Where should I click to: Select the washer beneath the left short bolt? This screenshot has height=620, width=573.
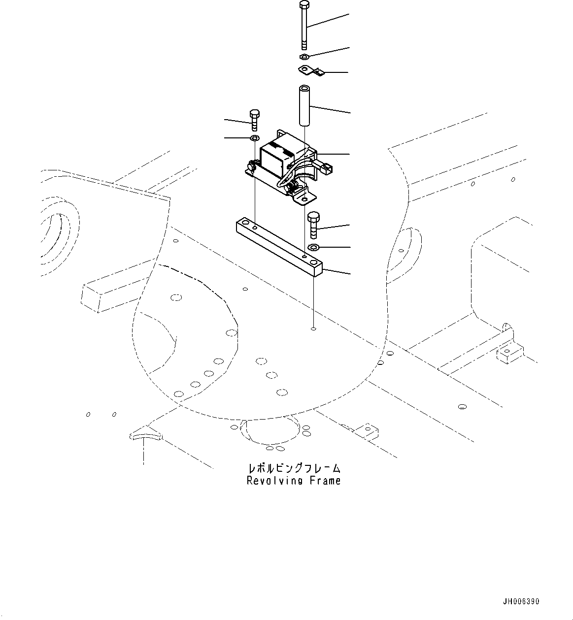(x=254, y=138)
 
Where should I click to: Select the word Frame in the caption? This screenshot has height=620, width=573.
(x=325, y=481)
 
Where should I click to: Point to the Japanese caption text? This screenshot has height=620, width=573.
(x=294, y=468)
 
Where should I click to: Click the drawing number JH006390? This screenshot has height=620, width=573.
(x=521, y=601)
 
